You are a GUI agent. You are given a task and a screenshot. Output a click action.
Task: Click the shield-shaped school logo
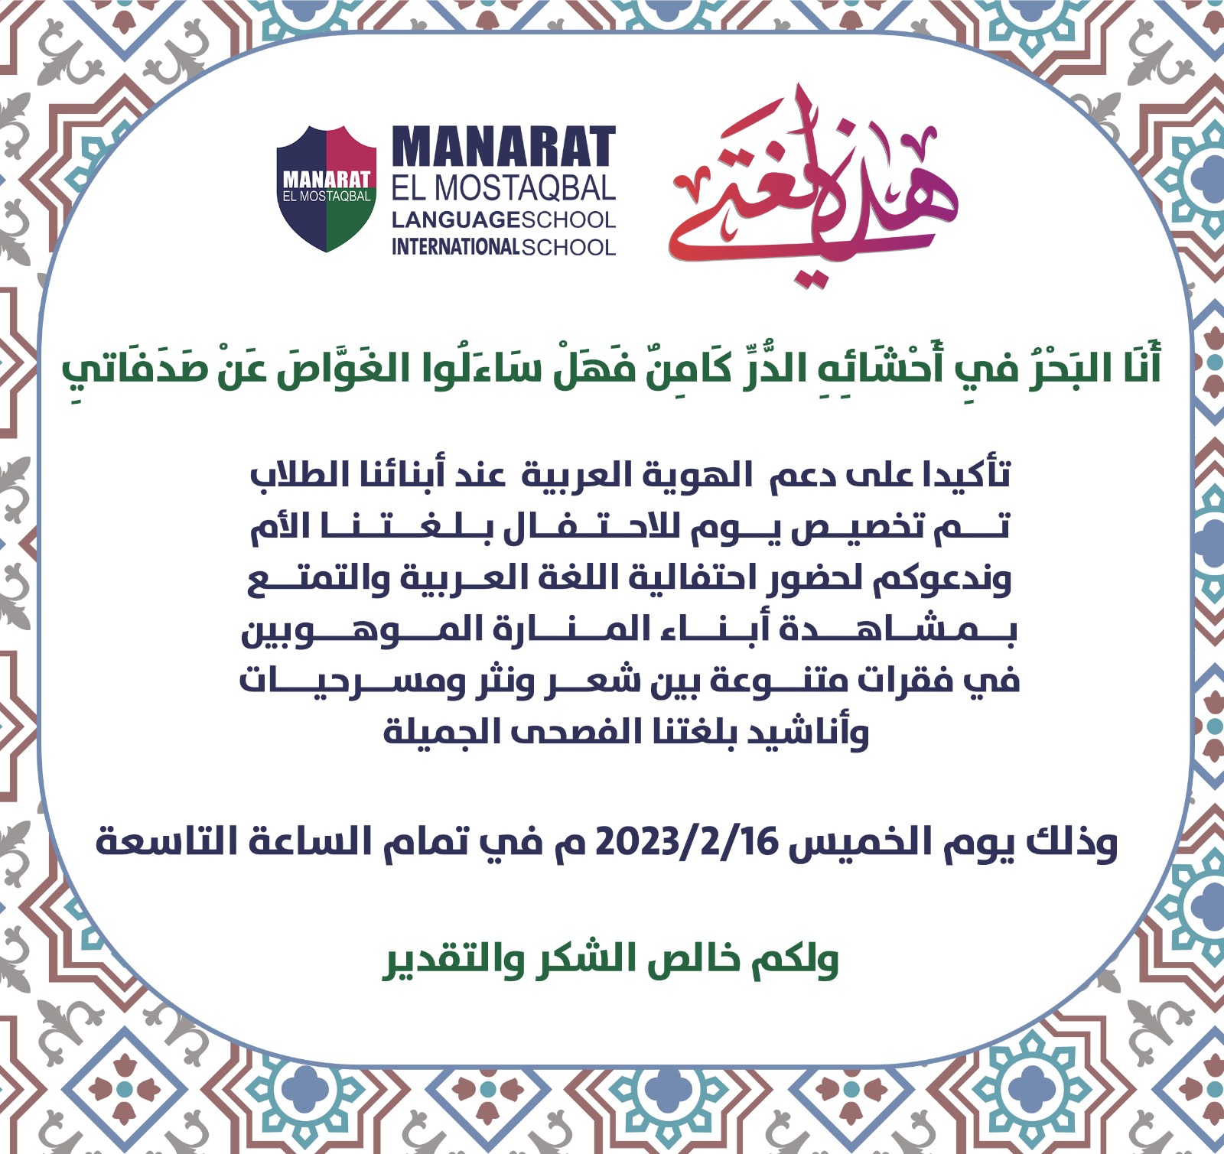327,189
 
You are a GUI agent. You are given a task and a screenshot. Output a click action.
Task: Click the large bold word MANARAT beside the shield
504,147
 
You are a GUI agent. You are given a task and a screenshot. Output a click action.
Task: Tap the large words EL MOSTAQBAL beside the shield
504,188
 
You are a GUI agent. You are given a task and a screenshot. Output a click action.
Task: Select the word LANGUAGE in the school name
448,220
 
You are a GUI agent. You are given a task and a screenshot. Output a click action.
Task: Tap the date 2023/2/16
686,842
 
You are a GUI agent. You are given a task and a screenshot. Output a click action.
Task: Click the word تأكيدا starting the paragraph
967,475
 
